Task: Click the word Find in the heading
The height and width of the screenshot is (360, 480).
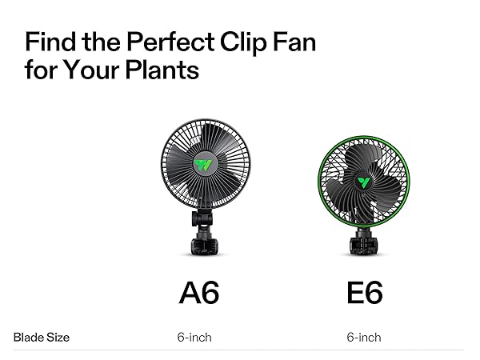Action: click(52, 42)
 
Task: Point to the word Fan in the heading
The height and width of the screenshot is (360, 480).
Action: click(291, 42)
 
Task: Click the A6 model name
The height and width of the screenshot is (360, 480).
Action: click(198, 293)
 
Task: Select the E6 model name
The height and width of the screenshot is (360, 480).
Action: click(365, 293)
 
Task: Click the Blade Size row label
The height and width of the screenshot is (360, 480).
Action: click(42, 338)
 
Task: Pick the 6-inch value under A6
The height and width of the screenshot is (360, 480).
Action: click(194, 338)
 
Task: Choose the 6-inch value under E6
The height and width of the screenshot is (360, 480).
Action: click(364, 338)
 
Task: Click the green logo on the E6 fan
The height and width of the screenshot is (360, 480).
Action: click(364, 181)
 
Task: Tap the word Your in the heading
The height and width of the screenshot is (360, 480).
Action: click(89, 70)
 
